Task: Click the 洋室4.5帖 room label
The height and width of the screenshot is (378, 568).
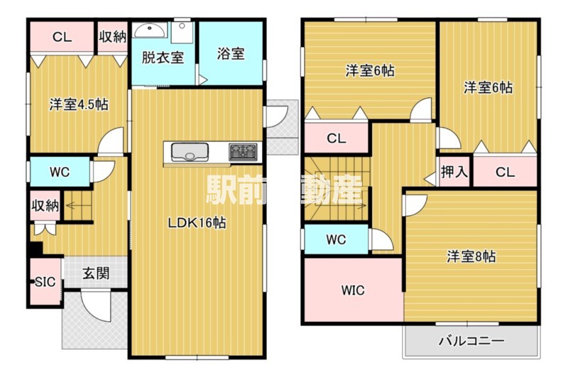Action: point(78,104)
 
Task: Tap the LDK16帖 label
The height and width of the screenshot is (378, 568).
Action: point(197,222)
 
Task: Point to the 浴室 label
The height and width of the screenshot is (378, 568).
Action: point(231,54)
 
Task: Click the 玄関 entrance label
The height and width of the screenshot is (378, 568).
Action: point(96,273)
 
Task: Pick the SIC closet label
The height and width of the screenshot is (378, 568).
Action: point(45,281)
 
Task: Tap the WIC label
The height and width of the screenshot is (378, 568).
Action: point(352,290)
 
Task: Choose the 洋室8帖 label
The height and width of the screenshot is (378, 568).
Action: point(471,256)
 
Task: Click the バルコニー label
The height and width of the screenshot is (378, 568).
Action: point(471,341)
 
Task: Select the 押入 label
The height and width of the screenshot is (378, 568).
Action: point(454,171)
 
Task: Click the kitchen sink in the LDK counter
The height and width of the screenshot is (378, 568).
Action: point(189,152)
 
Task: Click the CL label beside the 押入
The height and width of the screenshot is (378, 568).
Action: point(505,171)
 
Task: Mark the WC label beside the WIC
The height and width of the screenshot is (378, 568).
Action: point(336,239)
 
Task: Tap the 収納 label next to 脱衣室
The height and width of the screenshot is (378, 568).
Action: point(112,37)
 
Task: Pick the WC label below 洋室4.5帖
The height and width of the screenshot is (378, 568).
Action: point(59,171)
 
